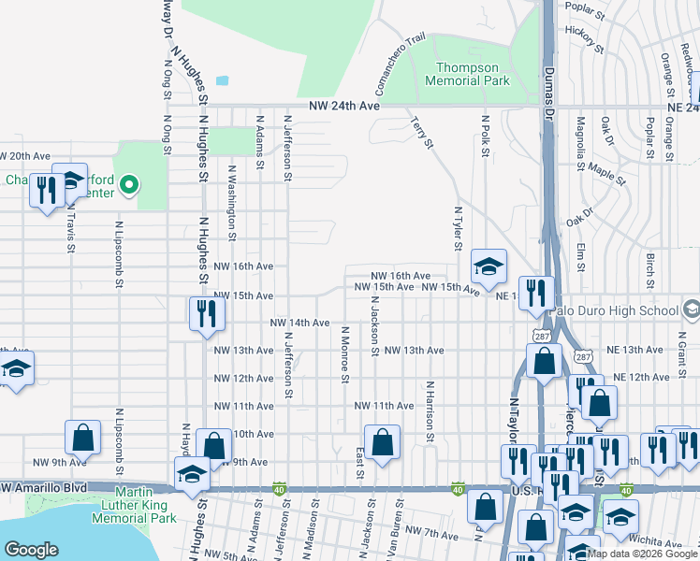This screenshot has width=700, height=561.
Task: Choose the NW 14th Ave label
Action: tap(299, 323)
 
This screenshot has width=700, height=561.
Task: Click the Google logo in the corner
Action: tap(31, 550)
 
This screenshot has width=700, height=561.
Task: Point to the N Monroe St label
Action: tap(345, 354)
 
